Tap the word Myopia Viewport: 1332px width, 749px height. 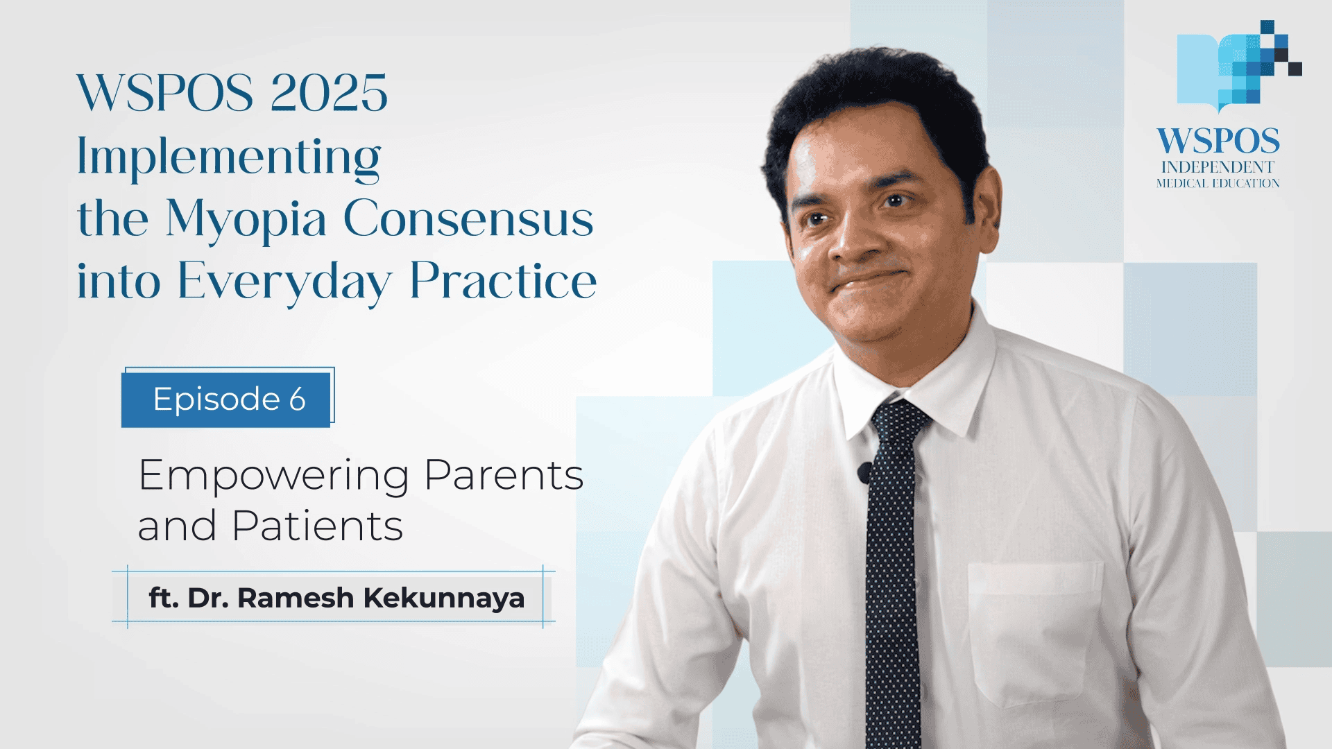(246, 220)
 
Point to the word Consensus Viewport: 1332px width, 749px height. (469, 218)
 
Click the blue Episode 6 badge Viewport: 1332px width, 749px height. (226, 399)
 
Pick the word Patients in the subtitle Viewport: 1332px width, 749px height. (318, 526)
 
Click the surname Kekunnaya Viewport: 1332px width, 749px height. (444, 598)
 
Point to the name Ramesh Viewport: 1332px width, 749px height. (296, 598)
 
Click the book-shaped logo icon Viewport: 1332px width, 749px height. (1239, 67)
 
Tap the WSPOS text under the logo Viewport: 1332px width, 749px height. (1218, 141)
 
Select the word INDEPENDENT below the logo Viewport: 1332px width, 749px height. (1218, 167)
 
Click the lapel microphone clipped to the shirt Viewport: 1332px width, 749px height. (864, 473)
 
